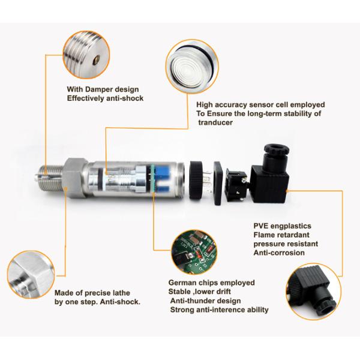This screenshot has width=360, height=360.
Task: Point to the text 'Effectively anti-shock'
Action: coord(105,98)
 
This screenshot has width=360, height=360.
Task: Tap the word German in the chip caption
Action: coord(184,283)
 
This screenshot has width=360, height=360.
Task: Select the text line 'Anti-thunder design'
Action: coord(206,301)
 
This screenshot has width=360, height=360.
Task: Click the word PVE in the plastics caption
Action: coord(262,226)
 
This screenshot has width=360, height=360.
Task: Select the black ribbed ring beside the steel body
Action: coord(196,178)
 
